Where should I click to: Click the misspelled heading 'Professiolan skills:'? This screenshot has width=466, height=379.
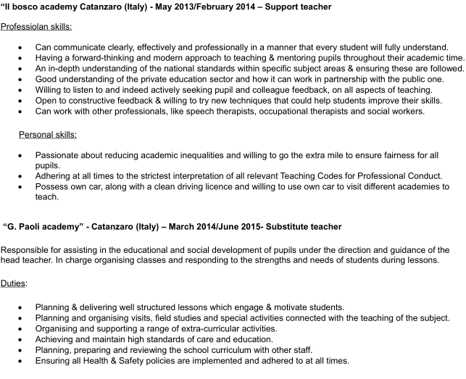tap(36, 26)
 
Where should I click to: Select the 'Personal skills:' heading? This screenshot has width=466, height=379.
tap(48, 135)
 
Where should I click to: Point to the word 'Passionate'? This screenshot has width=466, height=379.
tap(58, 154)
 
